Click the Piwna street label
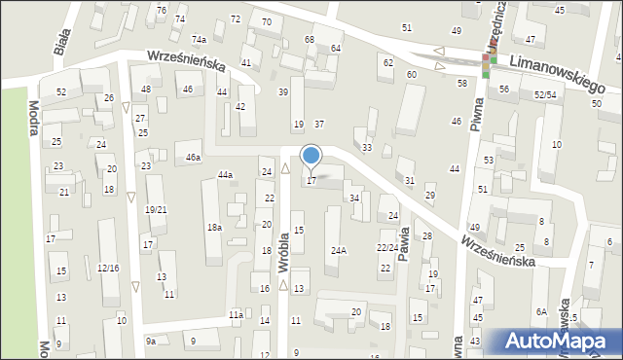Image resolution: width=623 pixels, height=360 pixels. click(477, 114)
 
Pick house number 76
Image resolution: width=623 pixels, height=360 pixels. click(162, 10)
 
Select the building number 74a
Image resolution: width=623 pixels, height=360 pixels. click(199, 39)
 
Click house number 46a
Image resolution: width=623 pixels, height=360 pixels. click(194, 157)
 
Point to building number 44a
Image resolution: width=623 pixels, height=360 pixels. click(225, 175)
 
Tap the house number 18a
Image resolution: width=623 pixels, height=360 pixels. click(214, 228)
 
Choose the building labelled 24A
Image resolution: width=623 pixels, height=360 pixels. click(338, 250)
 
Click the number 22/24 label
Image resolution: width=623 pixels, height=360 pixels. click(386, 247)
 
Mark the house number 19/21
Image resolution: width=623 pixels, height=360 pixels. click(155, 210)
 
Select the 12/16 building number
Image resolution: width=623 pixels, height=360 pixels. click(108, 268)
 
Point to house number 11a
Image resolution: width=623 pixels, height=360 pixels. click(236, 315)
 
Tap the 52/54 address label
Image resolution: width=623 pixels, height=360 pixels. click(545, 94)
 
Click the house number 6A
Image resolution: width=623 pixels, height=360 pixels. click(541, 312)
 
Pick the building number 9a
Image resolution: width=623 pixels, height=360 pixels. click(151, 341)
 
